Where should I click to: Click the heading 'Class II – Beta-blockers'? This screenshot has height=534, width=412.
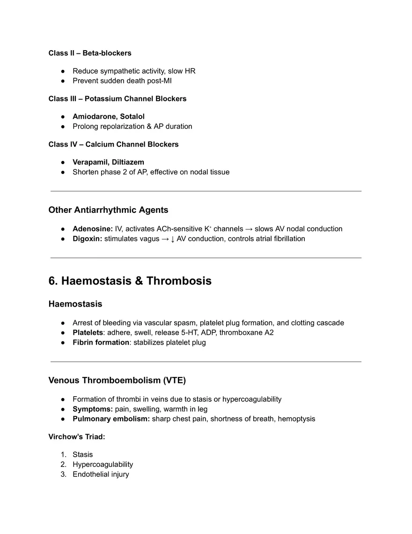90,53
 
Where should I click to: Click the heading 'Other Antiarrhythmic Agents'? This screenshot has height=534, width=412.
108,210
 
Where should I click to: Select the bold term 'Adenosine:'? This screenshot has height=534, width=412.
93,229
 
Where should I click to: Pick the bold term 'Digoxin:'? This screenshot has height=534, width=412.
87,239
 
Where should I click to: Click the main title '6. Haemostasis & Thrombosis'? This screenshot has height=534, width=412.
130,281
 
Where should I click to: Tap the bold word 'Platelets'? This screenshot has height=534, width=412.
88,332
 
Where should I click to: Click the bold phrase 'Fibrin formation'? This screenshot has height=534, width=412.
101,342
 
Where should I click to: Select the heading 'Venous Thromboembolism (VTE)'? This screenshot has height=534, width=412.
117,380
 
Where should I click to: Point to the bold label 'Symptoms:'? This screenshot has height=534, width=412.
93,409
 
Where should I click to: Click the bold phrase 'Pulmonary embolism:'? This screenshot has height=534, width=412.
111,419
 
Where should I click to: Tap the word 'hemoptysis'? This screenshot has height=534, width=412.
296,419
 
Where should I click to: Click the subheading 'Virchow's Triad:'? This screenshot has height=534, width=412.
77,436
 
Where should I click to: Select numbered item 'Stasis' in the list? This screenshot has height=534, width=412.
82,454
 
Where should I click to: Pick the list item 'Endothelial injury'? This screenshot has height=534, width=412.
101,474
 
